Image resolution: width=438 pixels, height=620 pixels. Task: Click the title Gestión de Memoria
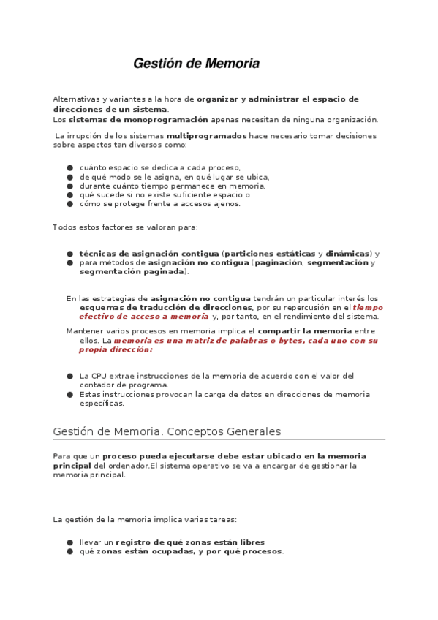pyautogui.click(x=196, y=64)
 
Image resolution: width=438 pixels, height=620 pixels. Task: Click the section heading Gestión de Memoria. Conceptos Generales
pyautogui.click(x=167, y=431)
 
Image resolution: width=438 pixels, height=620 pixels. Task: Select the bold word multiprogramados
pyautogui.click(x=206, y=136)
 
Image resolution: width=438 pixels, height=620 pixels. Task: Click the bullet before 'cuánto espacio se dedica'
pyautogui.click(x=70, y=167)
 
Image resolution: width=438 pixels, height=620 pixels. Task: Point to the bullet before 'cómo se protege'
pyautogui.click(x=70, y=204)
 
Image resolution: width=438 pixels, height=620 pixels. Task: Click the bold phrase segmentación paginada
pyautogui.click(x=132, y=271)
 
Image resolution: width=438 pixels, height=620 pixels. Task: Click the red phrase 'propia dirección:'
pyautogui.click(x=116, y=349)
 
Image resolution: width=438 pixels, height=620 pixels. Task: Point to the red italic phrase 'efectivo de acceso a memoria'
pyautogui.click(x=143, y=317)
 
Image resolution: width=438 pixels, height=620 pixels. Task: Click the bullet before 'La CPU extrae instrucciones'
pyautogui.click(x=70, y=376)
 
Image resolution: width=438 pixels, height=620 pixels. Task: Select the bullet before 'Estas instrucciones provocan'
pyautogui.click(x=70, y=394)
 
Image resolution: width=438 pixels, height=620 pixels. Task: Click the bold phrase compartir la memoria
pyautogui.click(x=305, y=331)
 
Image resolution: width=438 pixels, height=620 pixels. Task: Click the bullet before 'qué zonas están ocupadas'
pyautogui.click(x=70, y=551)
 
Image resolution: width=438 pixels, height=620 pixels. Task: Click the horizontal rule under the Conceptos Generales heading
pyautogui.click(x=219, y=439)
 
